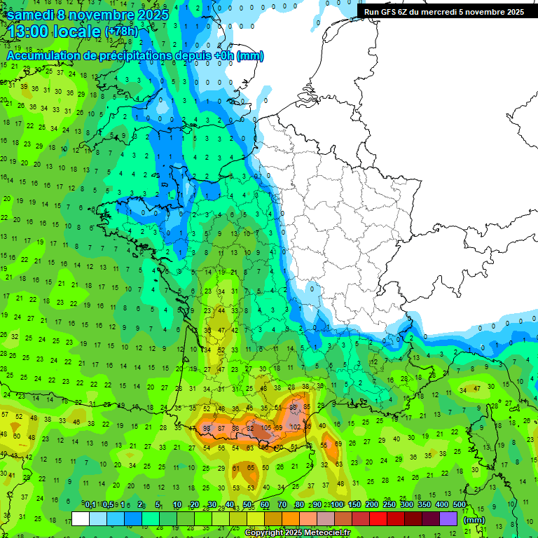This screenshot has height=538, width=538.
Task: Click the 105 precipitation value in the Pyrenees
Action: (267, 428)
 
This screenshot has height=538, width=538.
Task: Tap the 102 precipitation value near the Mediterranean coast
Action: (295, 427)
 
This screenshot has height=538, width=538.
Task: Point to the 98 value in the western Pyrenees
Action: (207, 428)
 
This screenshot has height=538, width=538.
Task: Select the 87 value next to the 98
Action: (221, 428)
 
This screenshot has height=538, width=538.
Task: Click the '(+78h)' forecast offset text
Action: (121, 32)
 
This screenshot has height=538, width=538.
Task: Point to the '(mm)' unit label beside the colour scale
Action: (474, 520)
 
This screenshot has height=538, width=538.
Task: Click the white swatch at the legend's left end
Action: (81, 519)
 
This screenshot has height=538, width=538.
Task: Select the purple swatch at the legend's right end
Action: (448, 519)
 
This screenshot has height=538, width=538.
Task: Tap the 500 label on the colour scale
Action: (460, 504)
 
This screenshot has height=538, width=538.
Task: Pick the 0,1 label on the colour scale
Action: (90, 504)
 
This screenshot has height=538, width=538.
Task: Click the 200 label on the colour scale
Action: (371, 504)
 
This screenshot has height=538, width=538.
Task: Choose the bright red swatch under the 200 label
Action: (378, 519)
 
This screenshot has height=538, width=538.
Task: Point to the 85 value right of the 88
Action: (306, 407)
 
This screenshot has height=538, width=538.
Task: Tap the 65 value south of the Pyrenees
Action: (251, 467)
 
